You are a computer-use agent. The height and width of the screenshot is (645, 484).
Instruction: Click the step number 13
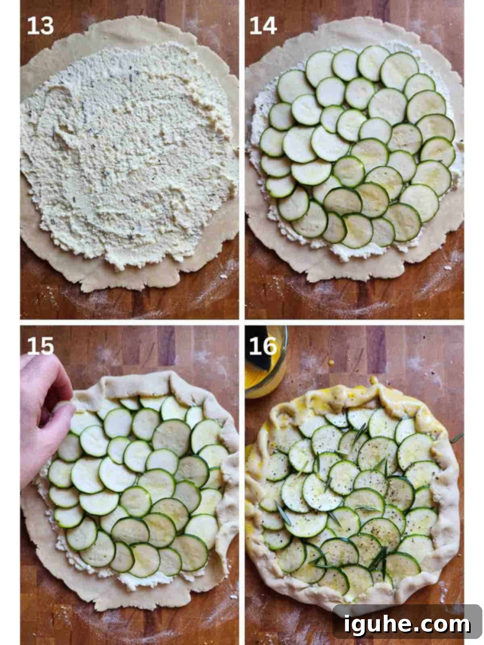point(41,26)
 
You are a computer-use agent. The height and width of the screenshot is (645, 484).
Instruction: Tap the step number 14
point(263,26)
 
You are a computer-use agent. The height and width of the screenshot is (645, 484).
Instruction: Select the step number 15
point(41,346)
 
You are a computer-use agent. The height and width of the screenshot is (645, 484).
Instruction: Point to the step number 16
point(263,346)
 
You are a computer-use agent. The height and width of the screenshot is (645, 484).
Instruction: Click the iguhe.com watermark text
point(407,624)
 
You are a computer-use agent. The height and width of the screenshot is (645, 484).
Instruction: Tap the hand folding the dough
point(44,412)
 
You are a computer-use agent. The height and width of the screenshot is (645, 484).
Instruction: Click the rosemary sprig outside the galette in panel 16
point(457,438)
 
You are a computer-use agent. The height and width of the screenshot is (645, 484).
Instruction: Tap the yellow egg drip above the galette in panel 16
point(374,380)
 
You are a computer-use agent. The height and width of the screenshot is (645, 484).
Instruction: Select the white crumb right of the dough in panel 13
point(223,277)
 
